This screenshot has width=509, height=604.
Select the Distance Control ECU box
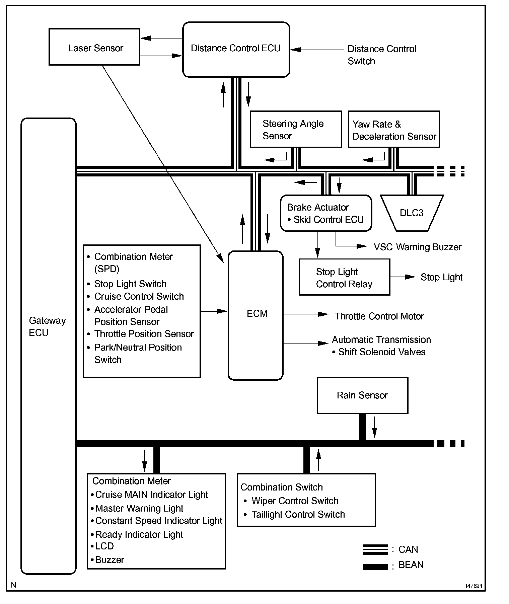pos(236,50)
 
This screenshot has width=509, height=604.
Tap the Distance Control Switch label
pos(381,55)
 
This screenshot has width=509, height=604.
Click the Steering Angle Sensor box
pos(295,129)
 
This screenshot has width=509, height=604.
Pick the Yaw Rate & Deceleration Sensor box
pos(393,130)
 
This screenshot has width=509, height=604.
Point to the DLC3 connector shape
pos(412,213)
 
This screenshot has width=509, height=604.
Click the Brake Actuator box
pos(325,213)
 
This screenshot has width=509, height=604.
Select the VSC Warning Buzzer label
pos(417,247)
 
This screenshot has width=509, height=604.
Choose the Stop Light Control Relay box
pos(344,277)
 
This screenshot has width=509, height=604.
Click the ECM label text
pos(257,314)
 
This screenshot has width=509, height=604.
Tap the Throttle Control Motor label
pos(379,316)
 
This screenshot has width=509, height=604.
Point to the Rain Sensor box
pos(362,395)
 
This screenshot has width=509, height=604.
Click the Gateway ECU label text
pos(47,326)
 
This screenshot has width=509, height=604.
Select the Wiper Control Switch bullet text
pos(295,501)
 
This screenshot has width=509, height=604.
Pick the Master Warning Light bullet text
pos(139,508)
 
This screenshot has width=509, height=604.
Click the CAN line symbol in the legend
pos(375,549)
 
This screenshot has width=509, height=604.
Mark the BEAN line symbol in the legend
pos(375,567)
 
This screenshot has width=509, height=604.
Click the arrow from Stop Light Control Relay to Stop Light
pos(403,277)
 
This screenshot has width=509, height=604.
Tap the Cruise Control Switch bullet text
pos(139,296)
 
